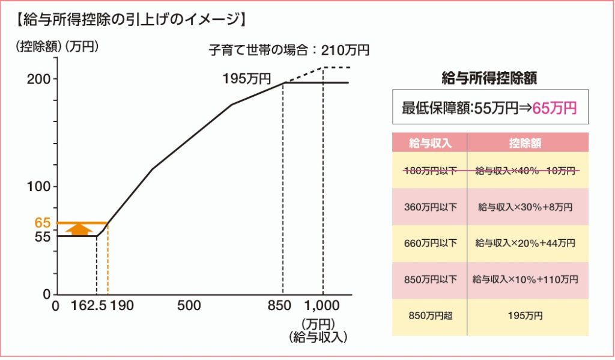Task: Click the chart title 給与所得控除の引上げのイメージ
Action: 130,20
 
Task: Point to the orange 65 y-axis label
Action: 43,223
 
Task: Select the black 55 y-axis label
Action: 43,237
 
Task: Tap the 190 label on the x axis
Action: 122,305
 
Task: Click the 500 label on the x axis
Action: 189,305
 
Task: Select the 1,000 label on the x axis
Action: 324,305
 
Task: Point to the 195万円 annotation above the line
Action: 246,78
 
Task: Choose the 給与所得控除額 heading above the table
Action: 489,77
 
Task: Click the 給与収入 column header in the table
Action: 429,142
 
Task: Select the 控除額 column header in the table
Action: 527,142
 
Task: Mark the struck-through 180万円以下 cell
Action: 429,171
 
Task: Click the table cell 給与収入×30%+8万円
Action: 527,207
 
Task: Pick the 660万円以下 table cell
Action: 429,243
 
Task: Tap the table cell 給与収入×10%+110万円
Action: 527,279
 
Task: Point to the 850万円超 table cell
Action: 429,316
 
